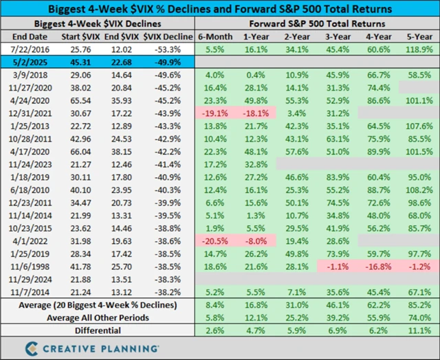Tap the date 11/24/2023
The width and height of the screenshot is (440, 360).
(x=29, y=175)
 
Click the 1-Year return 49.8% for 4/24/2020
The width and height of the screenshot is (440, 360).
(x=255, y=100)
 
